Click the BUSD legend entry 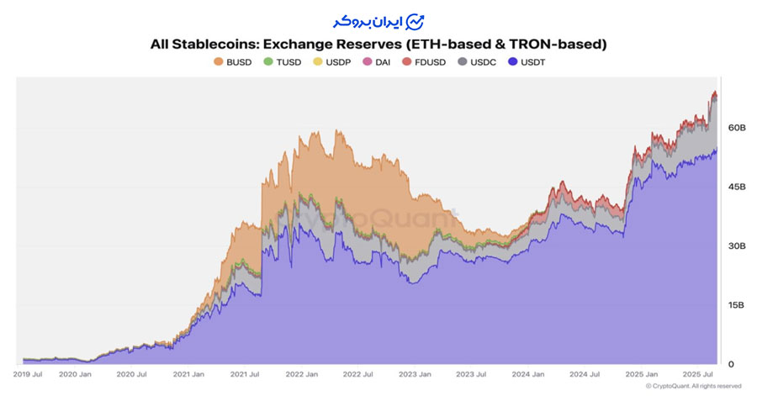pos(234,61)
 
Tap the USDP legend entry pos(331,61)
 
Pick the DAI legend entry pos(377,61)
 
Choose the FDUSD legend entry pos(424,61)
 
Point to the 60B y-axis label pos(736,128)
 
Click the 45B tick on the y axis pos(736,187)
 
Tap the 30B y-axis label pos(736,246)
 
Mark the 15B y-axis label pos(736,305)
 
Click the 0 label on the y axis pos(731,364)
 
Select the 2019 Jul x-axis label pos(29,373)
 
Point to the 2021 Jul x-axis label pos(245,373)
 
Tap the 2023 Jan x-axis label pos(414,373)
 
